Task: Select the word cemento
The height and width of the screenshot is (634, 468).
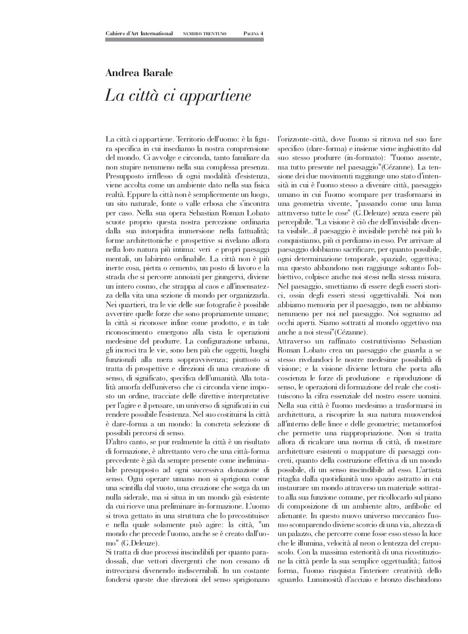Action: click(181, 268)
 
